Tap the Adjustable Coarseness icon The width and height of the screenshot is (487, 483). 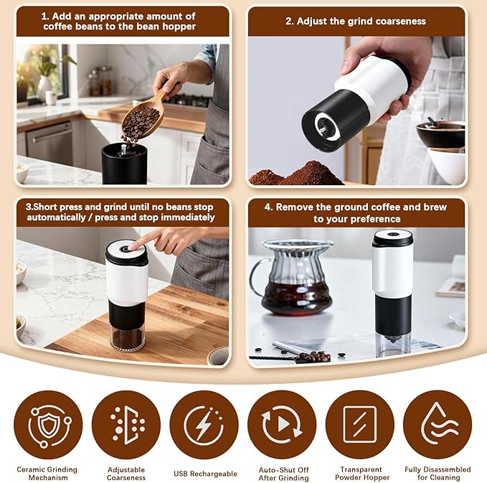(126, 425)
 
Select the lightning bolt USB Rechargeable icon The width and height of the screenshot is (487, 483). (204, 425)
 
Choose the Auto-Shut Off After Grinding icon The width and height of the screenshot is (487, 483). (281, 425)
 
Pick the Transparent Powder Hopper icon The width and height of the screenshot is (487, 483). (359, 425)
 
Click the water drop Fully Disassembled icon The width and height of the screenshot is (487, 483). (437, 425)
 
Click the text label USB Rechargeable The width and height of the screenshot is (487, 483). (204, 474)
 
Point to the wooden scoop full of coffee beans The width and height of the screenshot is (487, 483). (142, 118)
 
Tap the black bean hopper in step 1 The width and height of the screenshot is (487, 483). (123, 163)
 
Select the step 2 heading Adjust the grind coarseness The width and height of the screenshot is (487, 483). (356, 22)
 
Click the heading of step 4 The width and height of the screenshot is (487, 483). (356, 212)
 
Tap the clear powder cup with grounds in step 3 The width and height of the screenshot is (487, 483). (127, 337)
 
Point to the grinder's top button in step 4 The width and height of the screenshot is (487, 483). (392, 235)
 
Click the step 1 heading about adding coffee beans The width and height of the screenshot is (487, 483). (119, 21)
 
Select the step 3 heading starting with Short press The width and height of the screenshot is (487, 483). (119, 212)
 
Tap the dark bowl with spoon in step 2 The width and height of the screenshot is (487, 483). (440, 133)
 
